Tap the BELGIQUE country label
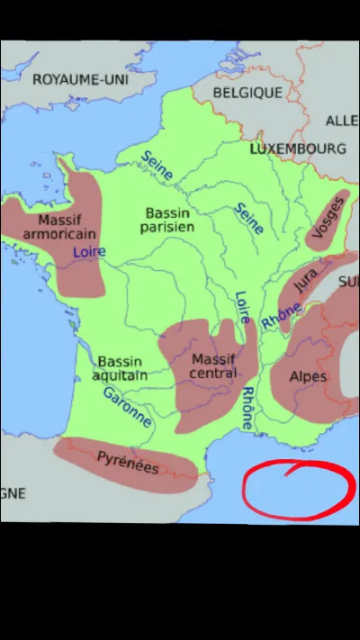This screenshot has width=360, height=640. (x=248, y=92)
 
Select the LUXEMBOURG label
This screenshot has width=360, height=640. (x=298, y=148)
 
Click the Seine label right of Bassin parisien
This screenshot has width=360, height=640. (x=248, y=218)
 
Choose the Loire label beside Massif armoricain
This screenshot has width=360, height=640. (x=88, y=253)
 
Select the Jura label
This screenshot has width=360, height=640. (x=305, y=283)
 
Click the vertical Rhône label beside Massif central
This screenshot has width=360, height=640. (x=247, y=408)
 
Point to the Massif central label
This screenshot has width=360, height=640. (x=213, y=366)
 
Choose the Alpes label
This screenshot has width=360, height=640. (x=308, y=377)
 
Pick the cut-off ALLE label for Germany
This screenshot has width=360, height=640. (x=341, y=120)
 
